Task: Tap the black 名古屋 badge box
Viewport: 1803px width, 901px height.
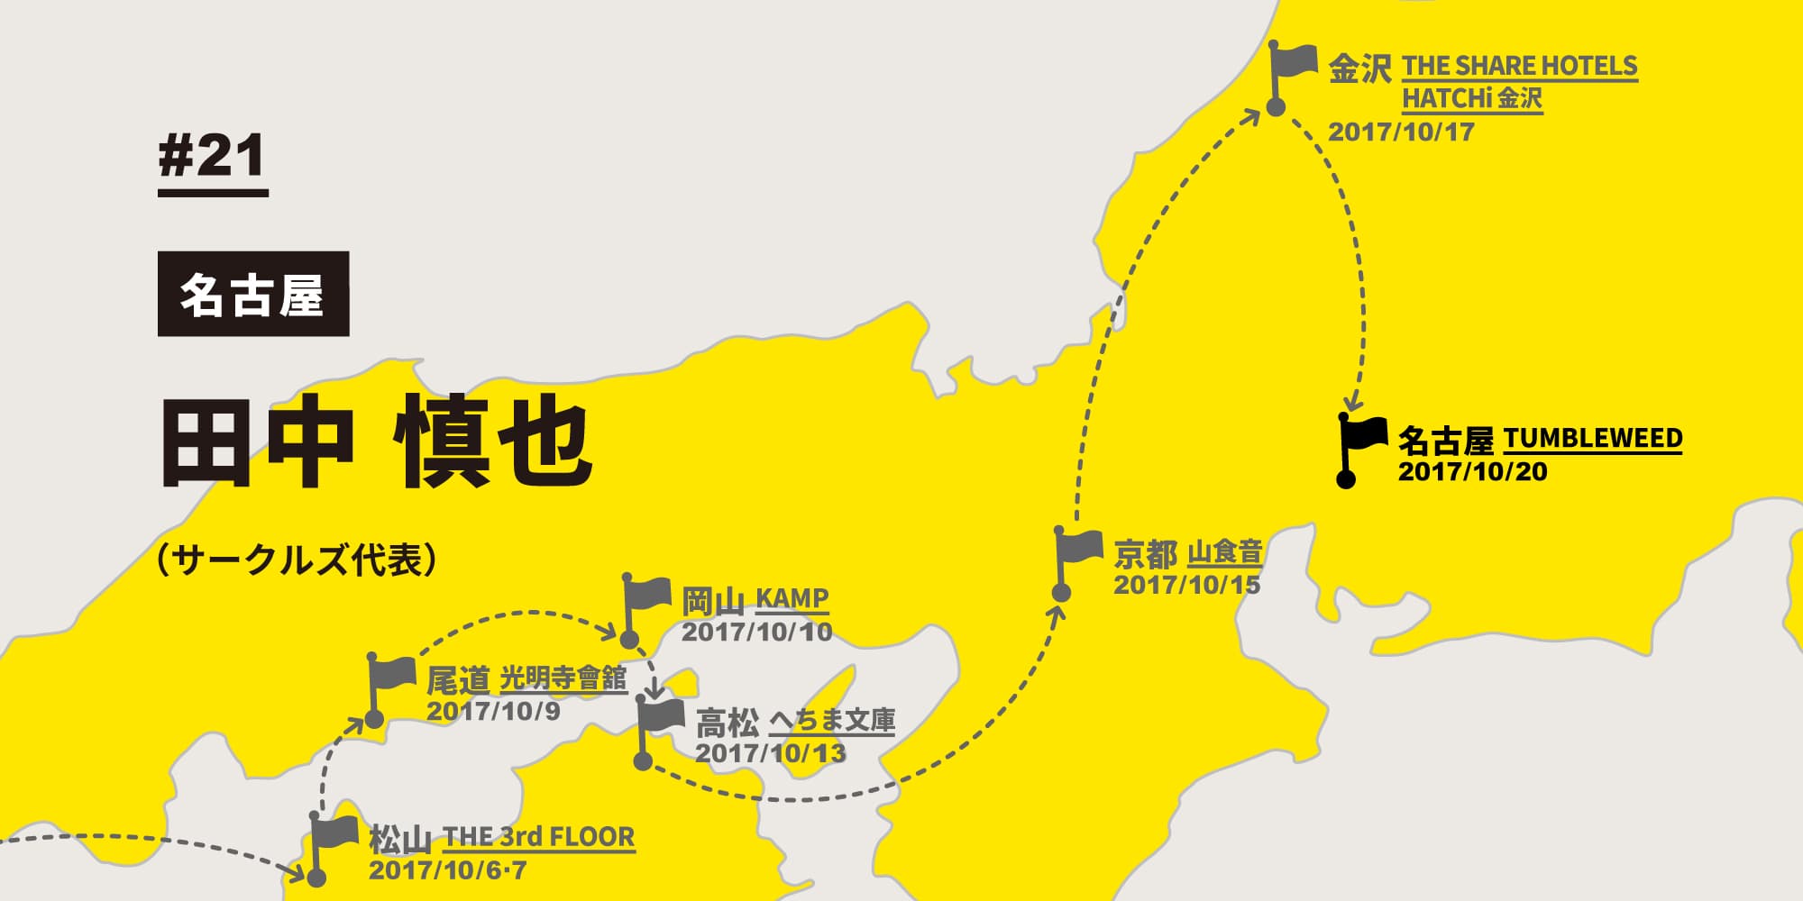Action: pyautogui.click(x=253, y=294)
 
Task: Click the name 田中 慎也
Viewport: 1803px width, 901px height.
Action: pyautogui.click(x=377, y=441)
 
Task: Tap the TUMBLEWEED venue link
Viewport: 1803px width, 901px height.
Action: pyautogui.click(x=1592, y=439)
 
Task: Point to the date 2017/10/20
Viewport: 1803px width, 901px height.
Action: pyautogui.click(x=1472, y=471)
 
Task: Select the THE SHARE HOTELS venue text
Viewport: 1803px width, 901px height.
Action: pyautogui.click(x=1520, y=66)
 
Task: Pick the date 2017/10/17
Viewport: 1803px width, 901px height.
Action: pyautogui.click(x=1401, y=132)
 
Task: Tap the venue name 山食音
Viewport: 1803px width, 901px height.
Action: pyautogui.click(x=1224, y=551)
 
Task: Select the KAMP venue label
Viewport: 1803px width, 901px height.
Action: pyautogui.click(x=792, y=598)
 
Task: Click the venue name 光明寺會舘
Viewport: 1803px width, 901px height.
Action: pyautogui.click(x=563, y=678)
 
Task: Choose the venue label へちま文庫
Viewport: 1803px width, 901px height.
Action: pyautogui.click(x=832, y=721)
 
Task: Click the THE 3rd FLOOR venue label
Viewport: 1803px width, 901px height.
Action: pyautogui.click(x=539, y=837)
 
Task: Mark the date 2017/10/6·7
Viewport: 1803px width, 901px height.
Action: pyautogui.click(x=448, y=870)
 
